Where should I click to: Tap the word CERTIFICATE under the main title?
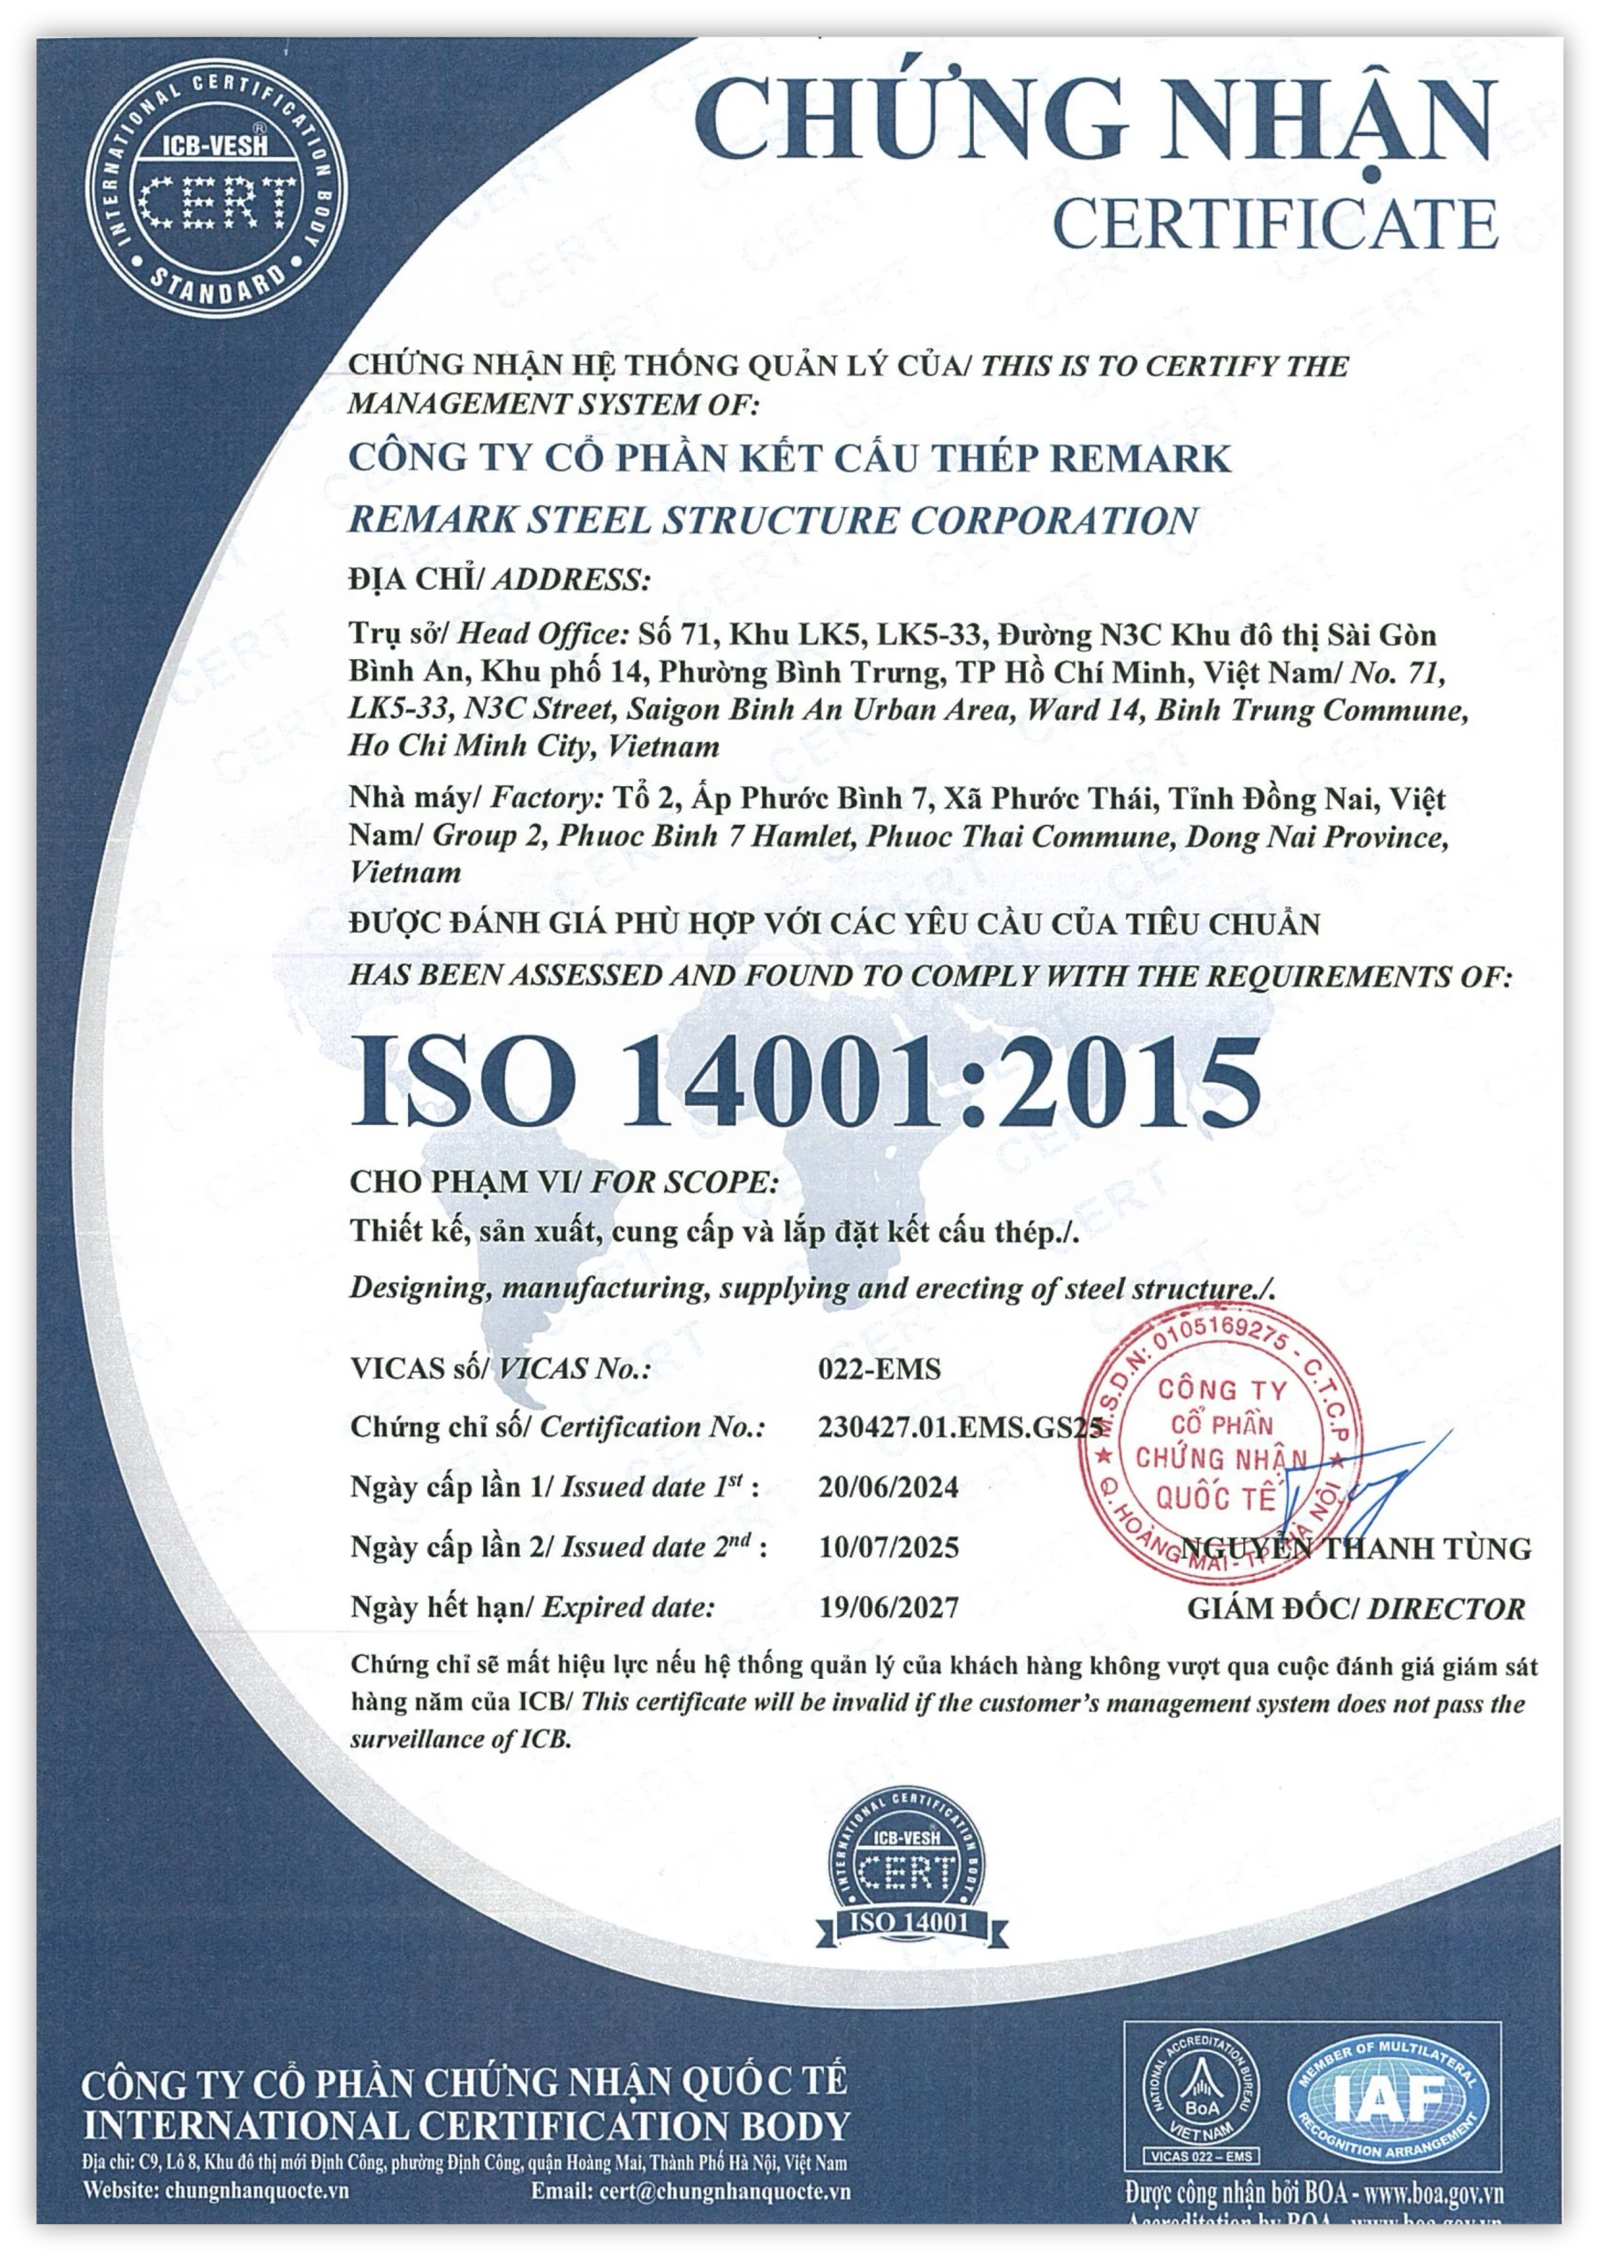pos(1277,225)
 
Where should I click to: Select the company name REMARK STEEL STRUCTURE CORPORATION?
pos(774,520)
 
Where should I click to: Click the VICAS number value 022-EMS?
pos(866,1370)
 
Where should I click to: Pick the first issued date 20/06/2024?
pos(887,1486)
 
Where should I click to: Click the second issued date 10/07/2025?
pos(887,1547)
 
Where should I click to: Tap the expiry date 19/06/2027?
pos(887,1607)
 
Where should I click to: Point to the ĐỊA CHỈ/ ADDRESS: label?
pos(501,579)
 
